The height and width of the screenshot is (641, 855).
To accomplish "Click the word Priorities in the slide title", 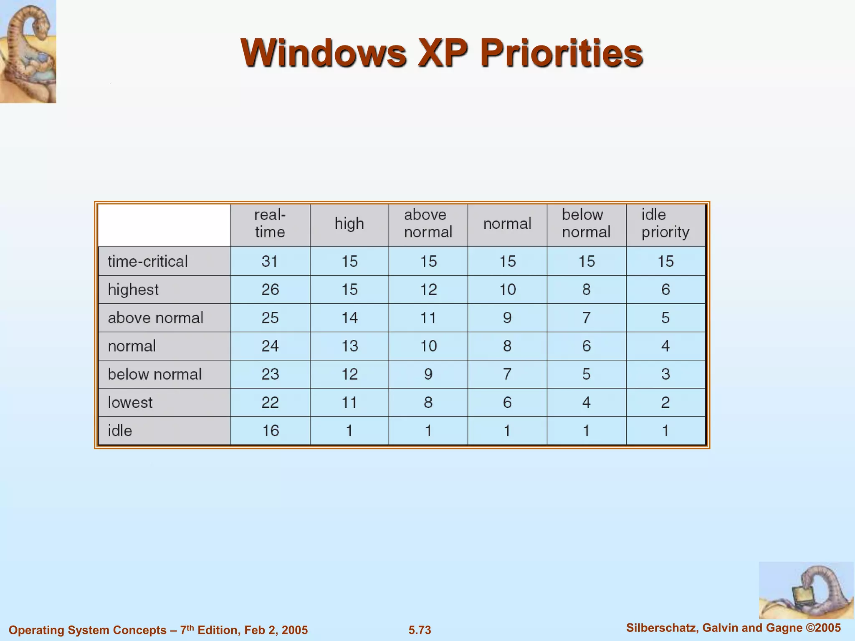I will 561,53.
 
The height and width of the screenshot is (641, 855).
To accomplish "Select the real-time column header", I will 270,223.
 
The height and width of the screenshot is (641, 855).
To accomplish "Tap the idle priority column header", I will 665,223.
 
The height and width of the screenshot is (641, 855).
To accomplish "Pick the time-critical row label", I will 148,262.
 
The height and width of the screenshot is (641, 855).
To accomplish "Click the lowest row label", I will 130,403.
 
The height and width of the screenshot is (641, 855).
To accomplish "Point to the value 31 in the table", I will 270,262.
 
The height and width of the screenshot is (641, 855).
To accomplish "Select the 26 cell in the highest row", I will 270,290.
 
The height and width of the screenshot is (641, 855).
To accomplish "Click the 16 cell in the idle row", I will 270,431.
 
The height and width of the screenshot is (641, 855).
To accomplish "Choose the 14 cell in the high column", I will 349,318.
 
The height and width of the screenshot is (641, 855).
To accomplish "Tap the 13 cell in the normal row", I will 349,346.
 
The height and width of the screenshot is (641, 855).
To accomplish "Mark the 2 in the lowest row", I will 665,403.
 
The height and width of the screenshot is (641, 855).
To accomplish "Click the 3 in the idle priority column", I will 665,374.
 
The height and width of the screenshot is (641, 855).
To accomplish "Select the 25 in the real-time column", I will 270,318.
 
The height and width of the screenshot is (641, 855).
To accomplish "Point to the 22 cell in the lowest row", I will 270,403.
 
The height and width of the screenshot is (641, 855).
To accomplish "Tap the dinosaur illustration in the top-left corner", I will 28,51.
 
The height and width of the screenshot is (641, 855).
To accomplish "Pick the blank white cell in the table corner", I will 164,225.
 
